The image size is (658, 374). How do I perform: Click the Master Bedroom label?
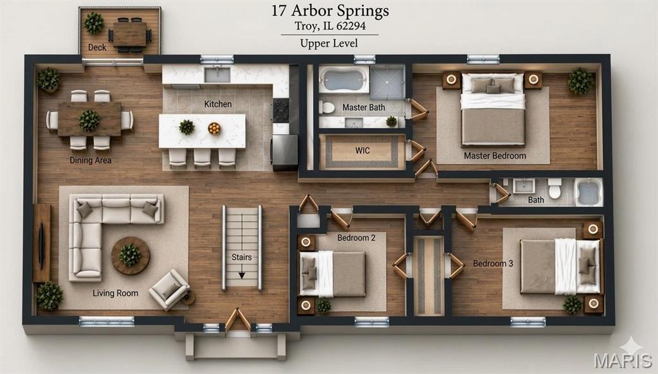pos(495,156)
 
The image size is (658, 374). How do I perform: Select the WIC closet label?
pos(362,150)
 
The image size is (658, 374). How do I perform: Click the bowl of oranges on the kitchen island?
pos(214,128)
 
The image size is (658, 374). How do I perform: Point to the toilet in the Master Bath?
pos(326,107)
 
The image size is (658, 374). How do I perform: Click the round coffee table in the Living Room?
pos(130,256)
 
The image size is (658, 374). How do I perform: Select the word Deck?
pos(97,48)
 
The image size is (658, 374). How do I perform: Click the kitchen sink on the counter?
pos(217,75)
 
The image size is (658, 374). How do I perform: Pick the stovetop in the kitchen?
pos(281,111)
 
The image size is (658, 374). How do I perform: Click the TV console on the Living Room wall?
pos(42,243)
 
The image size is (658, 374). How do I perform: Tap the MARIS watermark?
pos(623,361)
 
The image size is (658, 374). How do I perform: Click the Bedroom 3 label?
pos(493,263)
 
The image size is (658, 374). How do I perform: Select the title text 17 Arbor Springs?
pos(330,10)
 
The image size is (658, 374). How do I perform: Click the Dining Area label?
pos(91,160)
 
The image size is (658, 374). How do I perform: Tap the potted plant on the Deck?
pos(94,23)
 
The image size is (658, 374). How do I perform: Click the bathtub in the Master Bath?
pos(344,79)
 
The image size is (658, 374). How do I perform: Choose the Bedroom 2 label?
pos(356,238)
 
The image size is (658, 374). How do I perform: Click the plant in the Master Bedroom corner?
pos(580,81)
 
